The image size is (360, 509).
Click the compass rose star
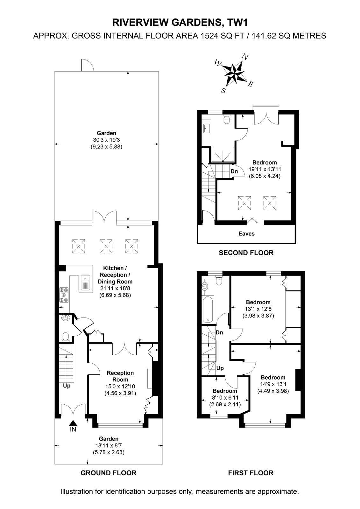[x=234, y=73]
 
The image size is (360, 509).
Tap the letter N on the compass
[x=245, y=56]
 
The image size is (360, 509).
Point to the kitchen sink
[x=86, y=283]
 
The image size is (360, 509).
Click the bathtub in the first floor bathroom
[x=208, y=309]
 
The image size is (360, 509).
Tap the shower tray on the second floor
[x=222, y=154]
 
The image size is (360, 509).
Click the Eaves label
[x=246, y=234]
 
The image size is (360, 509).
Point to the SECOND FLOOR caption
[x=246, y=253]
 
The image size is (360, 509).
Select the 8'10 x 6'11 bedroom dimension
[x=225, y=398]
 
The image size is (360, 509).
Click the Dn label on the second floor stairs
[x=234, y=171]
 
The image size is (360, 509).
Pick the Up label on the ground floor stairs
[x=67, y=386]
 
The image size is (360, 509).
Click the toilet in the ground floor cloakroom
[x=66, y=337]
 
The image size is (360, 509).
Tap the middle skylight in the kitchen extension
[x=106, y=246]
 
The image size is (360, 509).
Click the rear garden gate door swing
[x=88, y=65]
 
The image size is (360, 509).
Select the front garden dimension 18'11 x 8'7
[x=109, y=445]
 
